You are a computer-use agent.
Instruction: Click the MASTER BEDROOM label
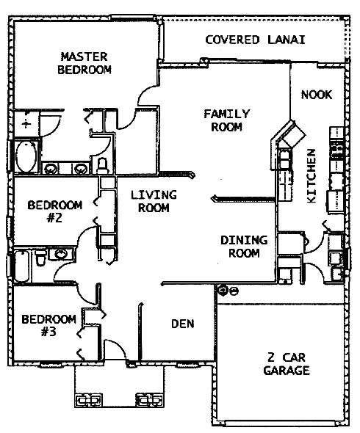[x=84, y=63]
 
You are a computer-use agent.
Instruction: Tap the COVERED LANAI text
[x=255, y=40]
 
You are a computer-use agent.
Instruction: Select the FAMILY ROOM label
[x=227, y=120]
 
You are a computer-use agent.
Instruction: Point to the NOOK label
[x=317, y=95]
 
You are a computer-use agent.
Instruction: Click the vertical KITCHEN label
[x=312, y=176]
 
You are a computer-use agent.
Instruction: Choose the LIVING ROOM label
[x=154, y=201]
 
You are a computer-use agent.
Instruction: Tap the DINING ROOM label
[x=244, y=247]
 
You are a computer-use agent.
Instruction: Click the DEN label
[x=183, y=324]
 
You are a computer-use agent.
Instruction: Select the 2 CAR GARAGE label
[x=287, y=364]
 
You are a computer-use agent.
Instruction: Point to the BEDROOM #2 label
[x=55, y=211]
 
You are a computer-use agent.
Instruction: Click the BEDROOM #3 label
[x=49, y=325]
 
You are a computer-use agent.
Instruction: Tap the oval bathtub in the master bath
[x=26, y=157]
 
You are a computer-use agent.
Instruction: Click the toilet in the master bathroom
[x=103, y=166]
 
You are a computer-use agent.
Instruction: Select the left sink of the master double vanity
[x=51, y=168]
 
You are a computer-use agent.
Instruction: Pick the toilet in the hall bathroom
[x=40, y=258]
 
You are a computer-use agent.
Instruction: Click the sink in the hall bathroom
[x=61, y=254]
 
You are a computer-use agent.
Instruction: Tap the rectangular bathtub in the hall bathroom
[x=22, y=266]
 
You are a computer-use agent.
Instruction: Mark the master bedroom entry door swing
[x=148, y=95]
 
